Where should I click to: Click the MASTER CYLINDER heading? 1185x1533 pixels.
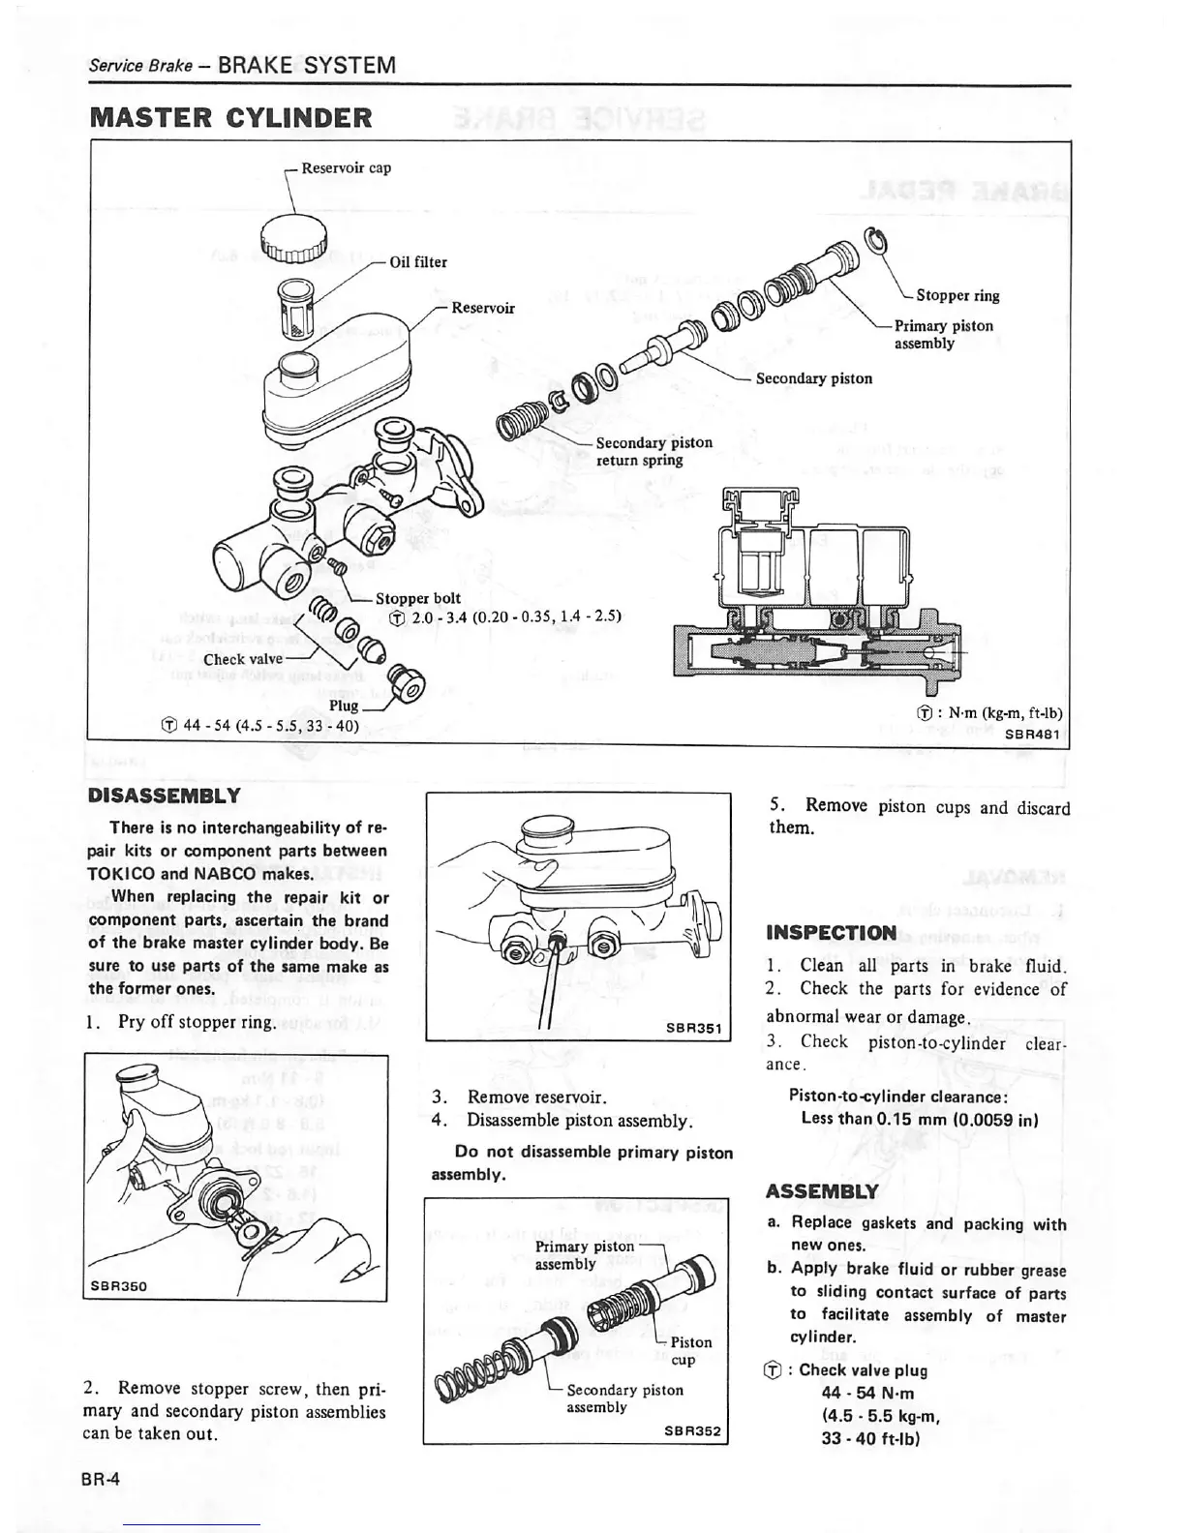230,118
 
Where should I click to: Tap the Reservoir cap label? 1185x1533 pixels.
346,167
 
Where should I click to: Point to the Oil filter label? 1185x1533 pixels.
417,261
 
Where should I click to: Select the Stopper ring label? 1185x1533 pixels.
957,295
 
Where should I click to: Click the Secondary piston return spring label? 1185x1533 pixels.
653,451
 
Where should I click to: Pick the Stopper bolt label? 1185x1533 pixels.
417,598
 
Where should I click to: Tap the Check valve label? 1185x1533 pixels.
242,659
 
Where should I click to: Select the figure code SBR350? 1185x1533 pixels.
118,1286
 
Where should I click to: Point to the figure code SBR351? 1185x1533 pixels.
695,1028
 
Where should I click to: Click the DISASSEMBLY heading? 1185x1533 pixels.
163,796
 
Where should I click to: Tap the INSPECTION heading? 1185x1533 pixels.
831,933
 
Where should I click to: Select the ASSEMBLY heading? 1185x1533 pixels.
821,1191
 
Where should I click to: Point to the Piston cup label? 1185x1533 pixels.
691,1350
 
